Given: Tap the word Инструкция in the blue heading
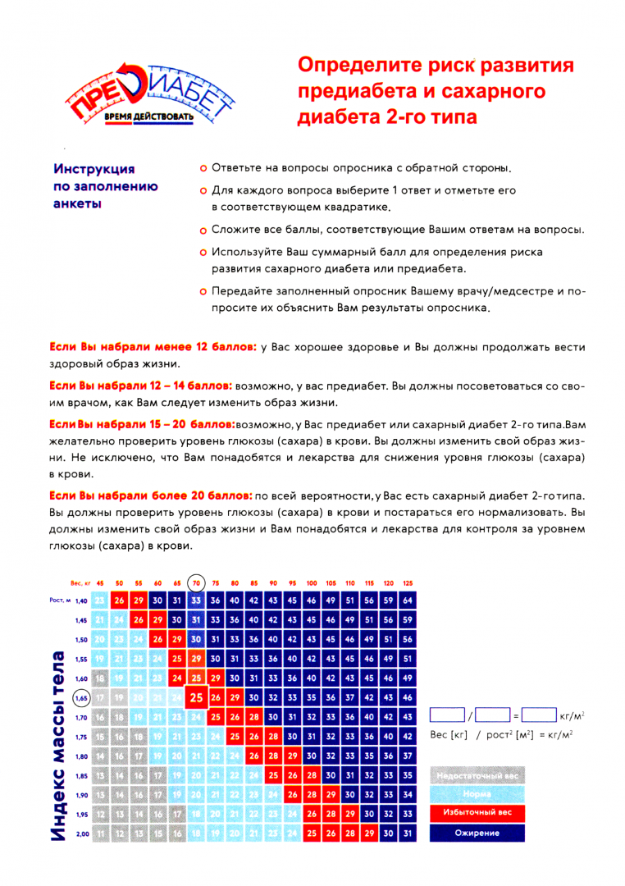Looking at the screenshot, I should pos(94,169).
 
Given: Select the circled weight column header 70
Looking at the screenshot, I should pos(196,583).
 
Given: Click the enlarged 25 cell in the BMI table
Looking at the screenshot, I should pos(196,698).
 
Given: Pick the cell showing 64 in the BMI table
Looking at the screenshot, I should pos(408,601).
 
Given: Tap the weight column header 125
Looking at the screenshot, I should pos(408,583).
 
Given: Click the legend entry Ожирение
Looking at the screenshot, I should pos(478,833).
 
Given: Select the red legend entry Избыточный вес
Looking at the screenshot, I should pos(478,814).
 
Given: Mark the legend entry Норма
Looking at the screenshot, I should pos(478,794).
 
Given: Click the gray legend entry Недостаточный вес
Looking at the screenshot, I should pos(478,775).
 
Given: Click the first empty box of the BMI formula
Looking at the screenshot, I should pos(447,715).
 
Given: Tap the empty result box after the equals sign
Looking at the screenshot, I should pos(538,715).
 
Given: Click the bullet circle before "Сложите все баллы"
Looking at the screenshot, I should pos(202,231).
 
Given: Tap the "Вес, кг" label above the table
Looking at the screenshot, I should pos(80,583).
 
